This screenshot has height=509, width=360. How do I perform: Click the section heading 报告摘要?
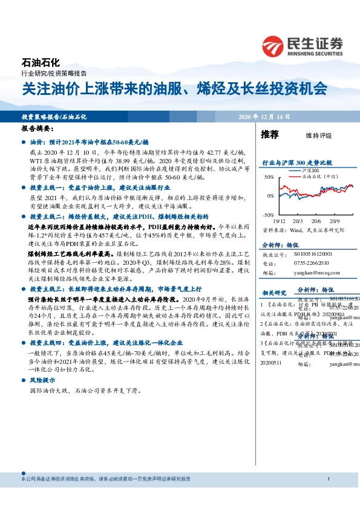click(37, 129)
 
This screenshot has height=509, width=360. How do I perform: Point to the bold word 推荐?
click(269, 135)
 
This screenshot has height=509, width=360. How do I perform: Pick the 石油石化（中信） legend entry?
click(321, 177)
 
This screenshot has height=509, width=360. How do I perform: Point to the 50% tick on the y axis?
click(269, 177)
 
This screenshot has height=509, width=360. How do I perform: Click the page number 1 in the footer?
click(327, 479)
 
